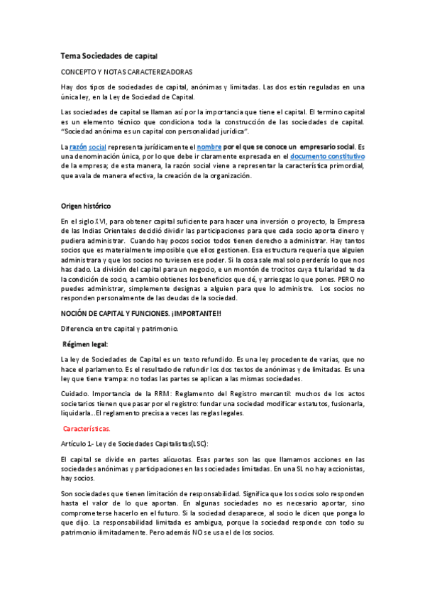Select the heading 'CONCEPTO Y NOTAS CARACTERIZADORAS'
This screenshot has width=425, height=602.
126,72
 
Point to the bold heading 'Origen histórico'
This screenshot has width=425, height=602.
86,206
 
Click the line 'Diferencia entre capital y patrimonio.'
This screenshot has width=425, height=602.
118,328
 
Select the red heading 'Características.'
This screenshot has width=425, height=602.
87,429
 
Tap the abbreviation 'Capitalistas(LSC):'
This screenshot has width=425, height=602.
179,444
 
